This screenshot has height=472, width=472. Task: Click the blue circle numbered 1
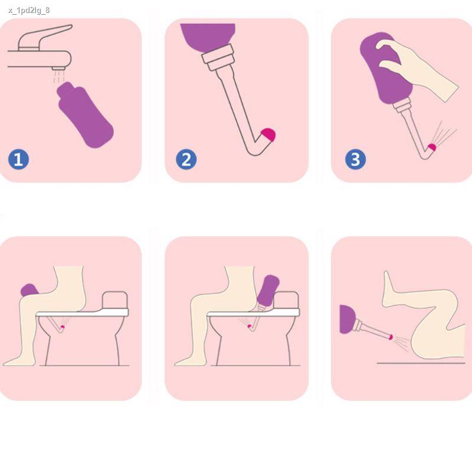(18, 159)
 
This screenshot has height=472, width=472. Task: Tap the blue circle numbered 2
(186, 159)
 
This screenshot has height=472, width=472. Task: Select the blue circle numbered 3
(356, 159)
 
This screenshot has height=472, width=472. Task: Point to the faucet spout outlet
(58, 68)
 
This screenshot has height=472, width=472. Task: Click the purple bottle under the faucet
(85, 115)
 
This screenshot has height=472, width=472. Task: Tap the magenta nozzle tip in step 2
(268, 135)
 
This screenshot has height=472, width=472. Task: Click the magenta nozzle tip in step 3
(432, 147)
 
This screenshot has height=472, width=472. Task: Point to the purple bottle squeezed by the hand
(385, 68)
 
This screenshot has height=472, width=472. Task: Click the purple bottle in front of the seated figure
(29, 290)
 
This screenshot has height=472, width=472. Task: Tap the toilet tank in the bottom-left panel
(115, 300)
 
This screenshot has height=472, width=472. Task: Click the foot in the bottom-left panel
(19, 360)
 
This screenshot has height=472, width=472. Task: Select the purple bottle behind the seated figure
(268, 290)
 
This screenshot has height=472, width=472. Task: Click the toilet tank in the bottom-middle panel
(286, 300)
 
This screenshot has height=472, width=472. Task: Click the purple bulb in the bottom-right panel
(347, 319)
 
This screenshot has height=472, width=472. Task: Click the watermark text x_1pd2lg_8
(29, 11)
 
